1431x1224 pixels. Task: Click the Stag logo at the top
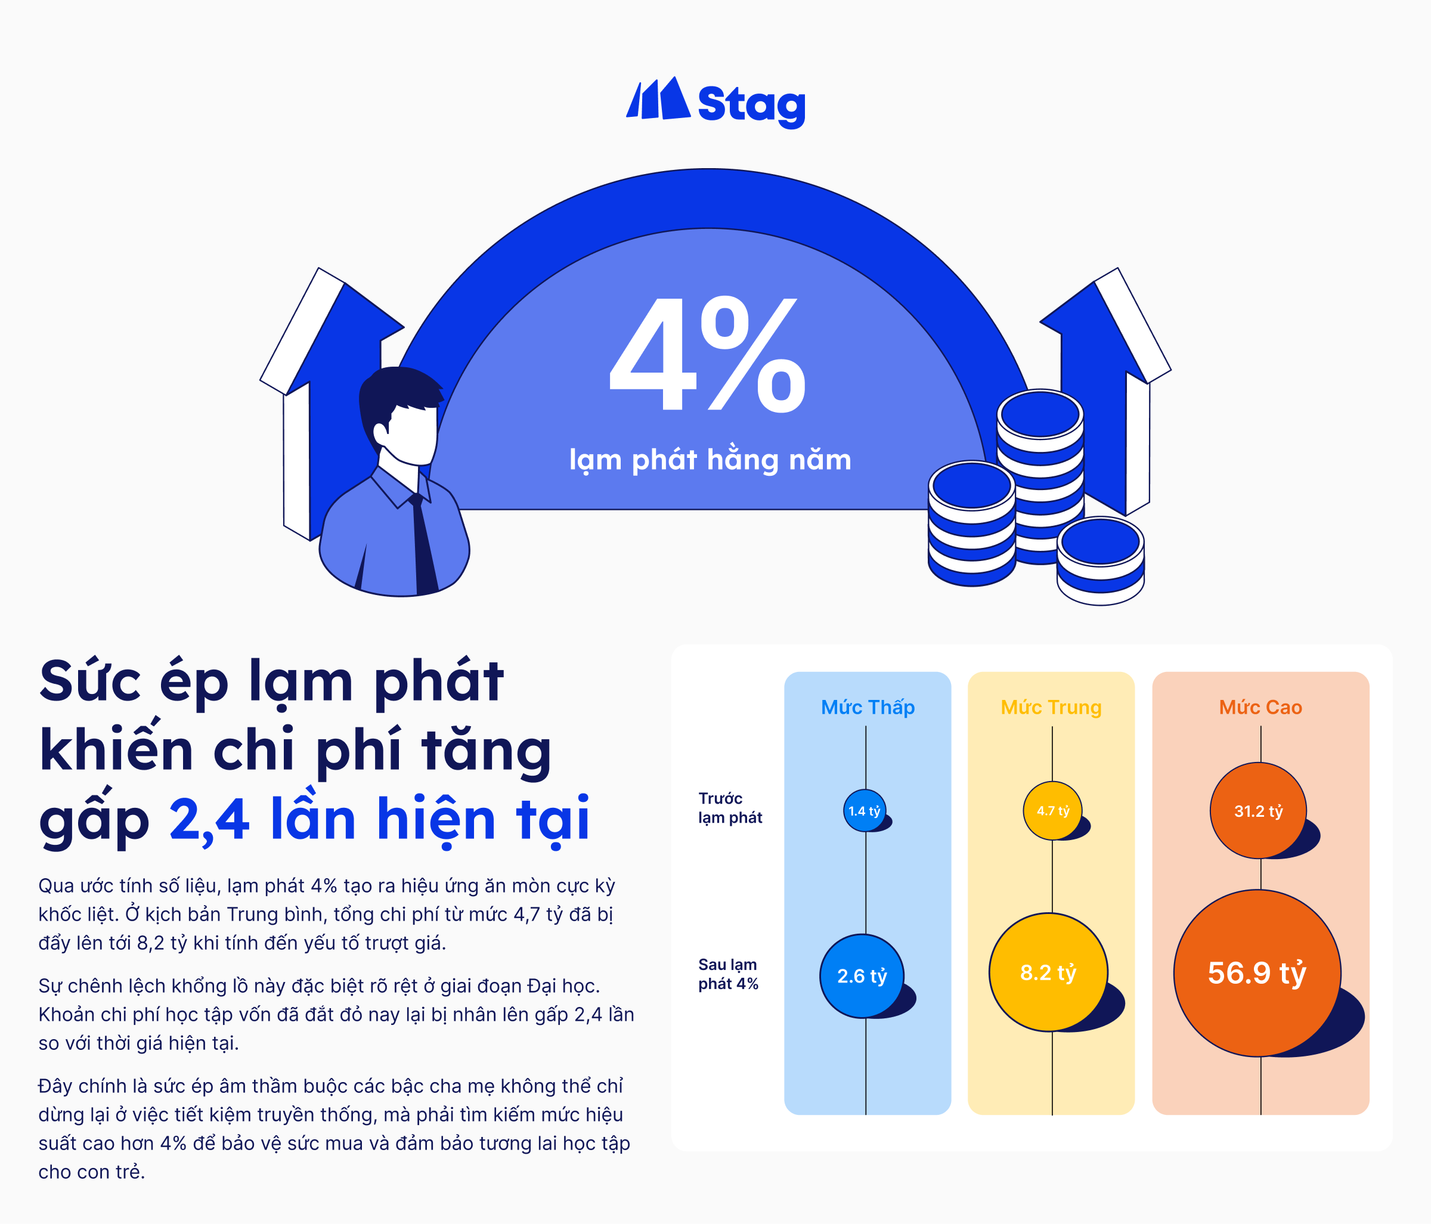[715, 103]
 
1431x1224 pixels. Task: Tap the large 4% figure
[708, 354]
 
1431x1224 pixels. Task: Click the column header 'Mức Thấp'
[868, 707]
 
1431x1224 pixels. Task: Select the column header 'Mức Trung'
[1051, 707]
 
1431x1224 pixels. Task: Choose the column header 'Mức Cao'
[1260, 707]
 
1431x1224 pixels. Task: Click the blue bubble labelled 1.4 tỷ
[865, 810]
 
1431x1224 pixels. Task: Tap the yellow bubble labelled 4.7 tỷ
[1052, 811]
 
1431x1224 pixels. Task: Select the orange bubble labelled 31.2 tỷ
[1258, 811]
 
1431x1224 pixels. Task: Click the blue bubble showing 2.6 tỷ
[862, 976]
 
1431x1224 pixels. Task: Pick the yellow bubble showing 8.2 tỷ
[1048, 972]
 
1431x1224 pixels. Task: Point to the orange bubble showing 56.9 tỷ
[1257, 973]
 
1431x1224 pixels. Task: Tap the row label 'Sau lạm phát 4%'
[728, 974]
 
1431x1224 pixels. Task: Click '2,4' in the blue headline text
[209, 819]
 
